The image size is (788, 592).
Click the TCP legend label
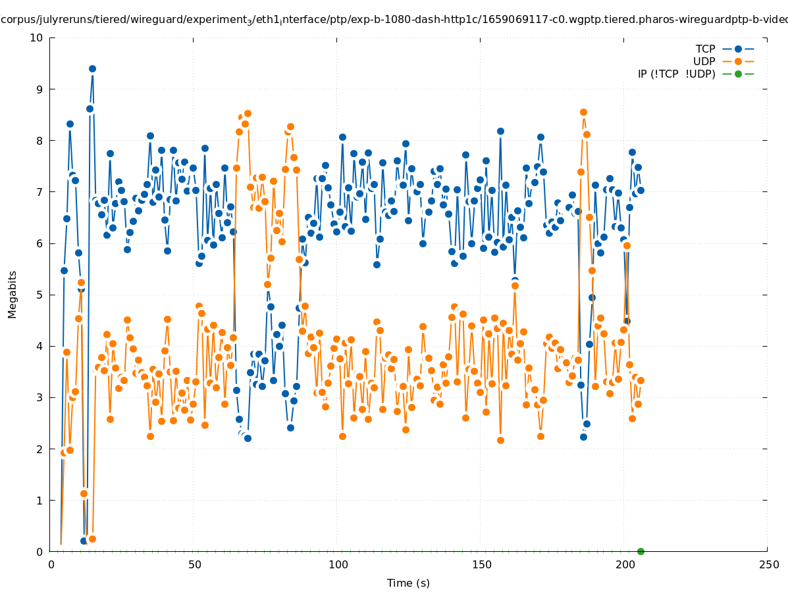tap(705, 49)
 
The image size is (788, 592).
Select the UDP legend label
tap(704, 61)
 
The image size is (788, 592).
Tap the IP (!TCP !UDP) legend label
tap(676, 74)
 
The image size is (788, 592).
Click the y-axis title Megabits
tap(13, 294)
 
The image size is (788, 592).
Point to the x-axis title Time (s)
tap(408, 583)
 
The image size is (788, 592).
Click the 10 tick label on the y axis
tap(36, 37)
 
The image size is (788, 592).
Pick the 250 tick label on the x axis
tap(768, 565)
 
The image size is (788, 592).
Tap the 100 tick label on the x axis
tap(338, 565)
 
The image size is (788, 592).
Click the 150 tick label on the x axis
tap(481, 565)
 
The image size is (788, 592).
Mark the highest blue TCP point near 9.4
tap(92, 68)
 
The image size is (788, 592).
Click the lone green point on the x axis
tap(641, 551)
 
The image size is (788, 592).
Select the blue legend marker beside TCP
tap(738, 49)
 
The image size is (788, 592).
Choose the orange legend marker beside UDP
tap(738, 61)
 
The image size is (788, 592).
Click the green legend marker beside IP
tap(738, 74)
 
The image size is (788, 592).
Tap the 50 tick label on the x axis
tap(194, 565)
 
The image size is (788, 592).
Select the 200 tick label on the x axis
tap(624, 565)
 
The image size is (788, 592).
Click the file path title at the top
tap(394, 20)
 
